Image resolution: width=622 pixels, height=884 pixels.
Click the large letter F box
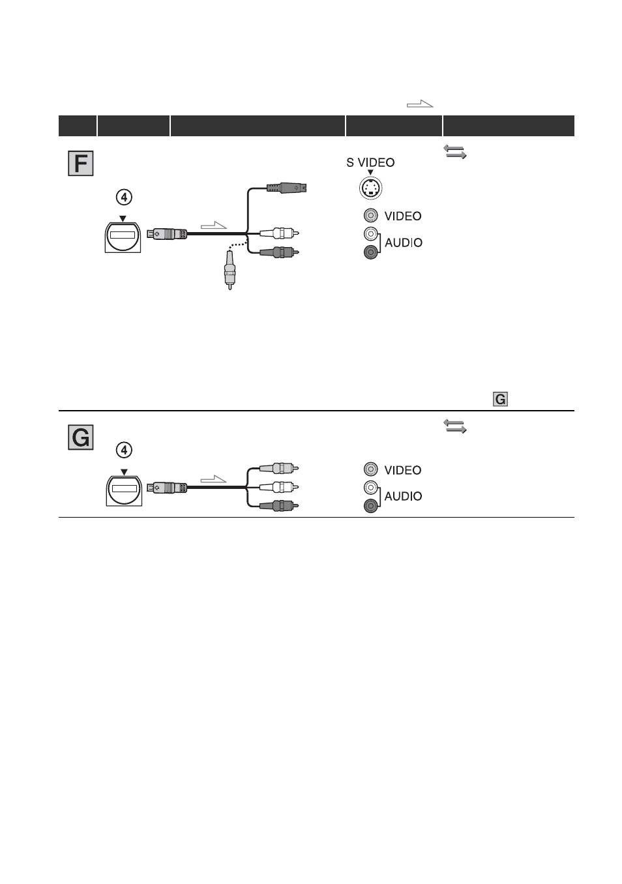point(80,163)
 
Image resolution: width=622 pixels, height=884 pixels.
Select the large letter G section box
point(80,437)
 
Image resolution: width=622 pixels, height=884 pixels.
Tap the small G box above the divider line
point(500,399)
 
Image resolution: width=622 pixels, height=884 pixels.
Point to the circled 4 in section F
point(124,197)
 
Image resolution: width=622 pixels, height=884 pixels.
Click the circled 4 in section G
point(124,450)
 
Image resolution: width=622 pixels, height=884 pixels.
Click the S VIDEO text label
point(370,162)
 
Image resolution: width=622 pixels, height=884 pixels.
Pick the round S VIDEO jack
point(370,188)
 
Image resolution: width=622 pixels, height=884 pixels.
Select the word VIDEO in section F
point(402,216)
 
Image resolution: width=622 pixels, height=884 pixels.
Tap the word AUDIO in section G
point(403,496)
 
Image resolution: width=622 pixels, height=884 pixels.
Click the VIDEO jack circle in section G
point(370,469)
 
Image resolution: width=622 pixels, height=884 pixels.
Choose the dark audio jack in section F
point(370,252)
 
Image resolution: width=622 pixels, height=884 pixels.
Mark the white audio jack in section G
point(370,488)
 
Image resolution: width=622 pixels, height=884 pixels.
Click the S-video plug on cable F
point(286,188)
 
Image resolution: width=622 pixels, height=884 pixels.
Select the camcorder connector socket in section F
point(123,237)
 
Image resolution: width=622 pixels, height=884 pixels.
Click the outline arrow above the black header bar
point(420,104)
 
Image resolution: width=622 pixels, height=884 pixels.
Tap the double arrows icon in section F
point(454,151)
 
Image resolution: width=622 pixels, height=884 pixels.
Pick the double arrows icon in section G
point(454,426)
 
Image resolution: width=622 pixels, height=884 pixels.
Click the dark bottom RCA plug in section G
point(278,505)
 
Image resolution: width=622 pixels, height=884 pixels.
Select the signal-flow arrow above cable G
point(213,479)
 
